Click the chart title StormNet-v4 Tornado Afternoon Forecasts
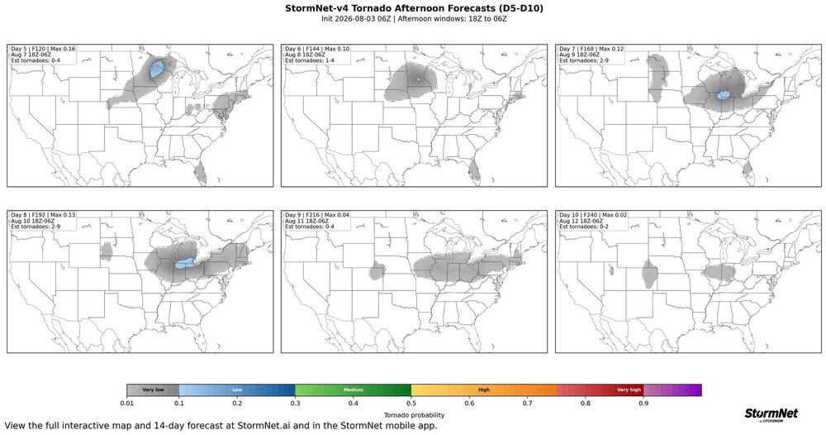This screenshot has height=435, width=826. pos(414,8)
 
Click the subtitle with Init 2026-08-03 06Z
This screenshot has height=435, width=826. pos(414,18)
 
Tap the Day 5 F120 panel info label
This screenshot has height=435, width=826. pos(43,55)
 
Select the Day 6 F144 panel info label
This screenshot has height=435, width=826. pos(317,55)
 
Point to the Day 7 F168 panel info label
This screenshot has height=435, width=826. pos(591,55)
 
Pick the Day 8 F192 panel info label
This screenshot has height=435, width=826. pos(43,221)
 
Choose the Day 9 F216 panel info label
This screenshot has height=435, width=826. pos(317,221)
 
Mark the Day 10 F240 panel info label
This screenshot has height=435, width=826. pos(592,221)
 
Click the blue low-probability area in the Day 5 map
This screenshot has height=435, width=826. pos(156,69)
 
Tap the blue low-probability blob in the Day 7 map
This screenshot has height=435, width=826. pos(723,95)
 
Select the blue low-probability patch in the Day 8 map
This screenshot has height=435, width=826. pos(184,264)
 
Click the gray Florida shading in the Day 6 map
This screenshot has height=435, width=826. pos(474,171)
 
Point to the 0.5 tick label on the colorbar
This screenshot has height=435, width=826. pos(411,404)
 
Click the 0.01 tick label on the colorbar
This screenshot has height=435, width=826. pos(126,404)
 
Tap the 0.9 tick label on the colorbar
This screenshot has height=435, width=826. pos(643,404)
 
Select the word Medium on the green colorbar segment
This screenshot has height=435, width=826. pos(353,390)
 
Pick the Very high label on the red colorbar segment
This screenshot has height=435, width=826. pos(629,390)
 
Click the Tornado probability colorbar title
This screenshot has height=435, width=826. pos(414,415)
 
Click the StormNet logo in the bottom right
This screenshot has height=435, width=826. pos(771,414)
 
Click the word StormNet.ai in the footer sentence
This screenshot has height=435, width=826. pos(264,426)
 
